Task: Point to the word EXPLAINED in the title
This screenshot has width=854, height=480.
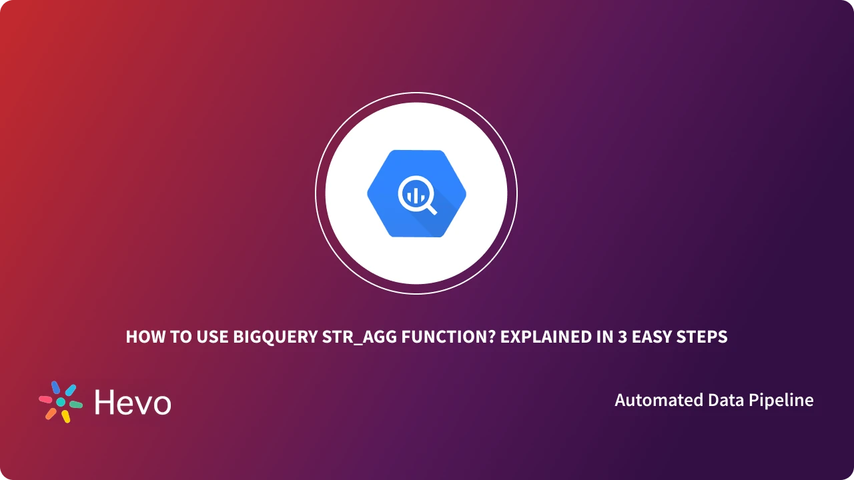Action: point(540,337)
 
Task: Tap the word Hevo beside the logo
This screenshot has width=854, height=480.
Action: point(133,403)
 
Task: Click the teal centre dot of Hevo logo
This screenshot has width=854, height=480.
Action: point(61,402)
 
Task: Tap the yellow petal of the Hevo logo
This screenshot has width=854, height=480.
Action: point(66,417)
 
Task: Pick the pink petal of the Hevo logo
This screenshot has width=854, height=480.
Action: point(45,399)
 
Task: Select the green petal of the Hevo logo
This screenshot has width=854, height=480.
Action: point(75,405)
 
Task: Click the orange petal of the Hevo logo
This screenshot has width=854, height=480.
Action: point(51,413)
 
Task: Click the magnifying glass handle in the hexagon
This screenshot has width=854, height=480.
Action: point(430,209)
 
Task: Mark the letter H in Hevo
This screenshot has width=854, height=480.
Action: point(104,403)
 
